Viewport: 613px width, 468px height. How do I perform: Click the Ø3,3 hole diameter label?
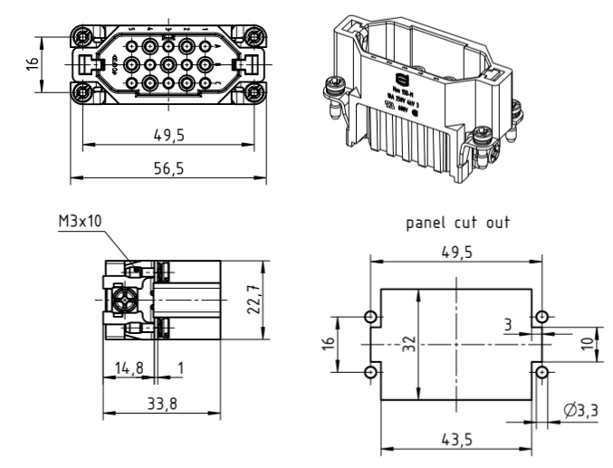[x=580, y=412]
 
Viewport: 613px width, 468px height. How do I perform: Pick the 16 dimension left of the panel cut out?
[x=330, y=345]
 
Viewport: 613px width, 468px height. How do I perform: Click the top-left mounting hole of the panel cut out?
[x=371, y=317]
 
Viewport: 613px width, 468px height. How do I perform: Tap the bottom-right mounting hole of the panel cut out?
[x=541, y=373]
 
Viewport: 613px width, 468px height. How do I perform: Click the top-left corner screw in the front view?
[x=82, y=37]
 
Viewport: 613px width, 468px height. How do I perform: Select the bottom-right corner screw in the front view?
[x=254, y=92]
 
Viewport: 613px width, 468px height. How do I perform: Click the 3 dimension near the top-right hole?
[x=510, y=324]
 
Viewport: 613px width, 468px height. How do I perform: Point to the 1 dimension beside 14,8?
[x=180, y=369]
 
